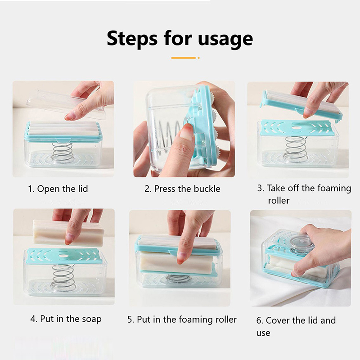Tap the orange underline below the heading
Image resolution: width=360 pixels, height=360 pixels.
tap(184, 58)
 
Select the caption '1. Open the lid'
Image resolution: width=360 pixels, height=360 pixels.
tap(58, 189)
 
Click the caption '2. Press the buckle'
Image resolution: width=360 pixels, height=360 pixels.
tap(182, 189)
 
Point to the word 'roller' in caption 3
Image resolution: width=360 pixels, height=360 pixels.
tap(279, 200)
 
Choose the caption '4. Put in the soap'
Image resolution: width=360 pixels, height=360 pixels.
tap(66, 319)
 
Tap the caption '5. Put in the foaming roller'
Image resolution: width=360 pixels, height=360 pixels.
tap(182, 319)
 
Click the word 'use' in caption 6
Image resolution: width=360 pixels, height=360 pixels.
tap(263, 333)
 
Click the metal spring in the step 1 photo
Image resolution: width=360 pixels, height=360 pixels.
tap(63, 152)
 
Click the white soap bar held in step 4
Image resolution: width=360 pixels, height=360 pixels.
tap(68, 232)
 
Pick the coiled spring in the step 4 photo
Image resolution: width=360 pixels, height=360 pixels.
tap(63, 277)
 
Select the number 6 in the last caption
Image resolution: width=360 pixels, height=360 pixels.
tap(260, 320)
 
